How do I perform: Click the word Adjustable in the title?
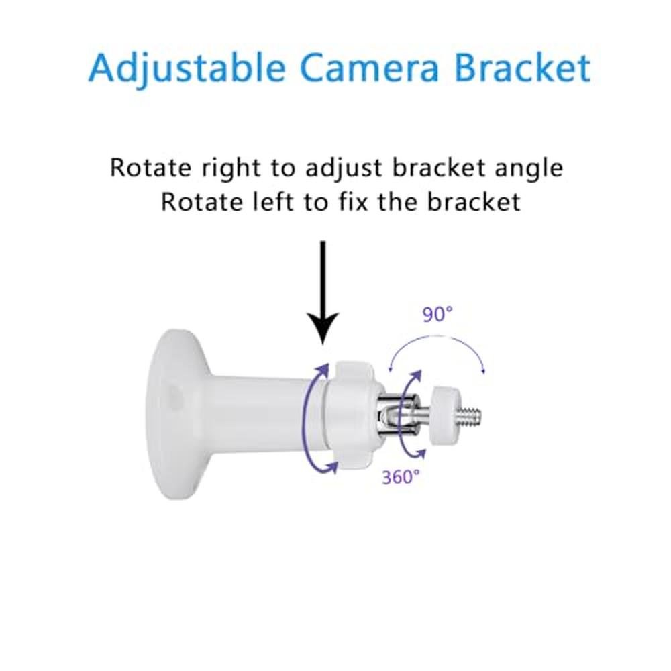(187, 68)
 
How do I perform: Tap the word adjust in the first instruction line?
(343, 168)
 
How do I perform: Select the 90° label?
(437, 315)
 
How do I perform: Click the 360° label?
(401, 476)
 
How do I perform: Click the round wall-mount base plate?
(176, 413)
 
